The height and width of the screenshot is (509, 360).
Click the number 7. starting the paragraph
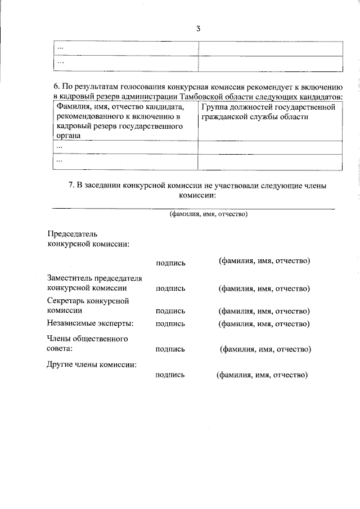71,185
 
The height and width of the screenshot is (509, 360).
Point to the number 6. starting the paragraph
57,87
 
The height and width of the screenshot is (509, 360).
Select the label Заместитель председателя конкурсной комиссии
94,283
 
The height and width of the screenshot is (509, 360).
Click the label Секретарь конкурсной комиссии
88,305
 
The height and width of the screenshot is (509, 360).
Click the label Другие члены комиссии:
92,364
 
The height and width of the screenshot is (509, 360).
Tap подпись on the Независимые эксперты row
170,323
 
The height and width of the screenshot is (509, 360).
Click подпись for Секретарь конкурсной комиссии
170,311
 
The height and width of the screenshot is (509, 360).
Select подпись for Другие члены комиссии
170,375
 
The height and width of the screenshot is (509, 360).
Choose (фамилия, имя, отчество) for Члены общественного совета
265,349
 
